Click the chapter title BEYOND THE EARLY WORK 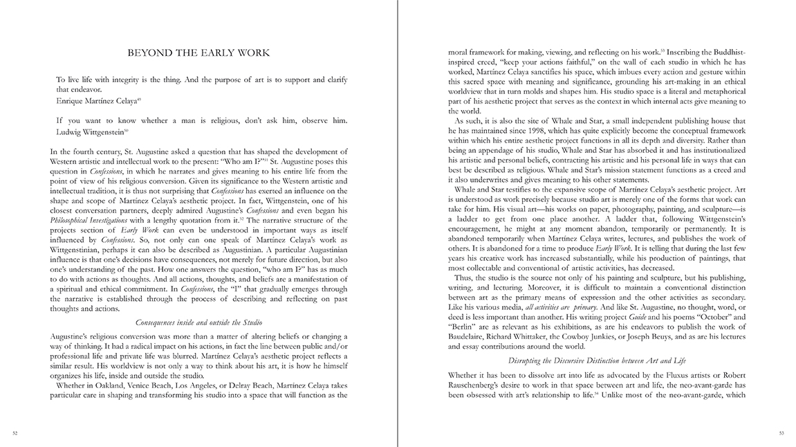pos(199,53)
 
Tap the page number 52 pos(15,433)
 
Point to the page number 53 pos(781,433)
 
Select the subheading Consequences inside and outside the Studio pos(199,322)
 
